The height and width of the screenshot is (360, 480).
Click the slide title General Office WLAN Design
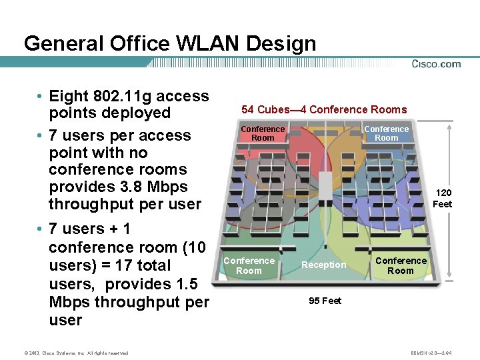[169, 44]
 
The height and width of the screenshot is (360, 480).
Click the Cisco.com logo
[436, 64]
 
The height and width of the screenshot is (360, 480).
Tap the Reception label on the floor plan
[324, 265]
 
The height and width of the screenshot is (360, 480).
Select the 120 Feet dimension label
[443, 199]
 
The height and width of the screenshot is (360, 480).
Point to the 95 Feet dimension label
[325, 301]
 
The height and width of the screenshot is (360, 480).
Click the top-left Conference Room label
[263, 133]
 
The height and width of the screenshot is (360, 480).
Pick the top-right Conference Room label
[386, 133]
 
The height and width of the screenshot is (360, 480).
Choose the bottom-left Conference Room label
[249, 265]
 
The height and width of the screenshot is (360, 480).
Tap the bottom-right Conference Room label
[400, 265]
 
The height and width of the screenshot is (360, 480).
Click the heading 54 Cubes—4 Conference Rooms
[324, 109]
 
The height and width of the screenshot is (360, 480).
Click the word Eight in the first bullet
[69, 96]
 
